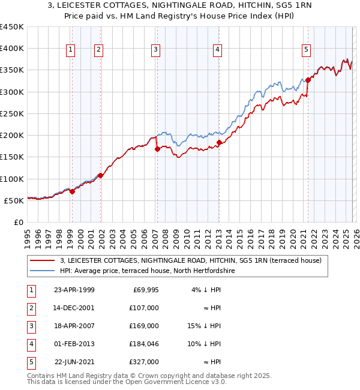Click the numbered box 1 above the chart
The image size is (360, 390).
[71, 50]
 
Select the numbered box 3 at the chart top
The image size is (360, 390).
[155, 50]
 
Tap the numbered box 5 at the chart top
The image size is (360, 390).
[306, 50]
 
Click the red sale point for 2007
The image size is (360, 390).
[157, 149]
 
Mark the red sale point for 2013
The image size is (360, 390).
[219, 143]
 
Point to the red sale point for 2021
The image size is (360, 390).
[308, 80]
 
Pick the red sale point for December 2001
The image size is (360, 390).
[100, 176]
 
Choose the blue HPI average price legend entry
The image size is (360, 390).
[147, 271]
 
